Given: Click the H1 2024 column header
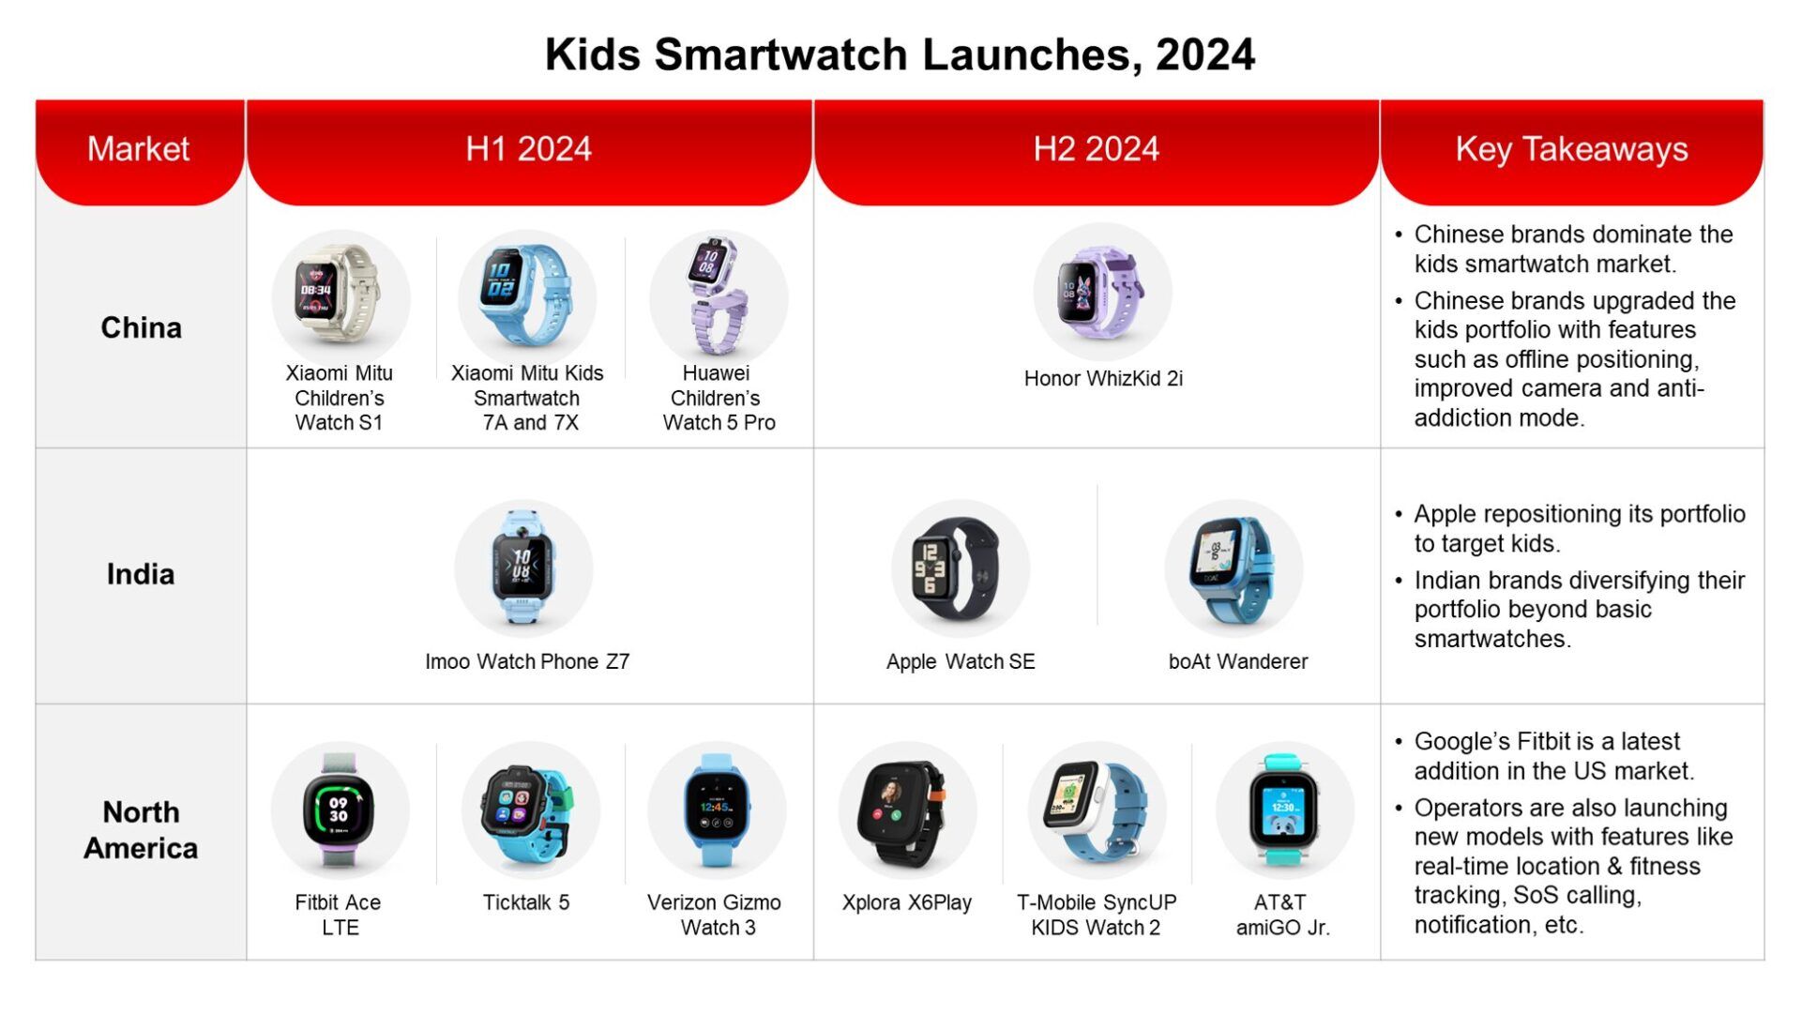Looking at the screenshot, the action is click(529, 149).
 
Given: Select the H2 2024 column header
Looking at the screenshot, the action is click(1097, 149).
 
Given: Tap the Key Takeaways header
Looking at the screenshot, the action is click(1571, 149).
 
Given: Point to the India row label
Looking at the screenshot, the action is click(141, 574).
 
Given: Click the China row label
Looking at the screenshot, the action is click(141, 327).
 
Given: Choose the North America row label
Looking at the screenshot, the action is click(141, 830).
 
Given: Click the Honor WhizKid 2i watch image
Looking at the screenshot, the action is click(1102, 292).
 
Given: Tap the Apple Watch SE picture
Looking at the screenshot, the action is click(961, 568).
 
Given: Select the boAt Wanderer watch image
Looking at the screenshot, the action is click(1234, 568).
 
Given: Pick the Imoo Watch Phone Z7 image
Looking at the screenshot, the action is click(523, 568).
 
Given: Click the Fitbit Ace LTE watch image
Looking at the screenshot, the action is click(340, 810).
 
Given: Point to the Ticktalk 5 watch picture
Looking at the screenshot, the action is click(530, 810).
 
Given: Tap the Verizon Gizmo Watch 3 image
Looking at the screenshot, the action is click(717, 810).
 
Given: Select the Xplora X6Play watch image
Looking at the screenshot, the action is click(907, 810).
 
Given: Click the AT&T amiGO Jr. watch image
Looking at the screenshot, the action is click(1284, 810).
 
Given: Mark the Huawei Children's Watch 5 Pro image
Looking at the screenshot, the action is click(719, 298).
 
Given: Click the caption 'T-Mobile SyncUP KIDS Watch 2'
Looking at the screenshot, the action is click(1097, 915).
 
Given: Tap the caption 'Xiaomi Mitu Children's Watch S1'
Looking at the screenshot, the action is click(340, 398).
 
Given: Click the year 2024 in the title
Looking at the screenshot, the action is click(1205, 54).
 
